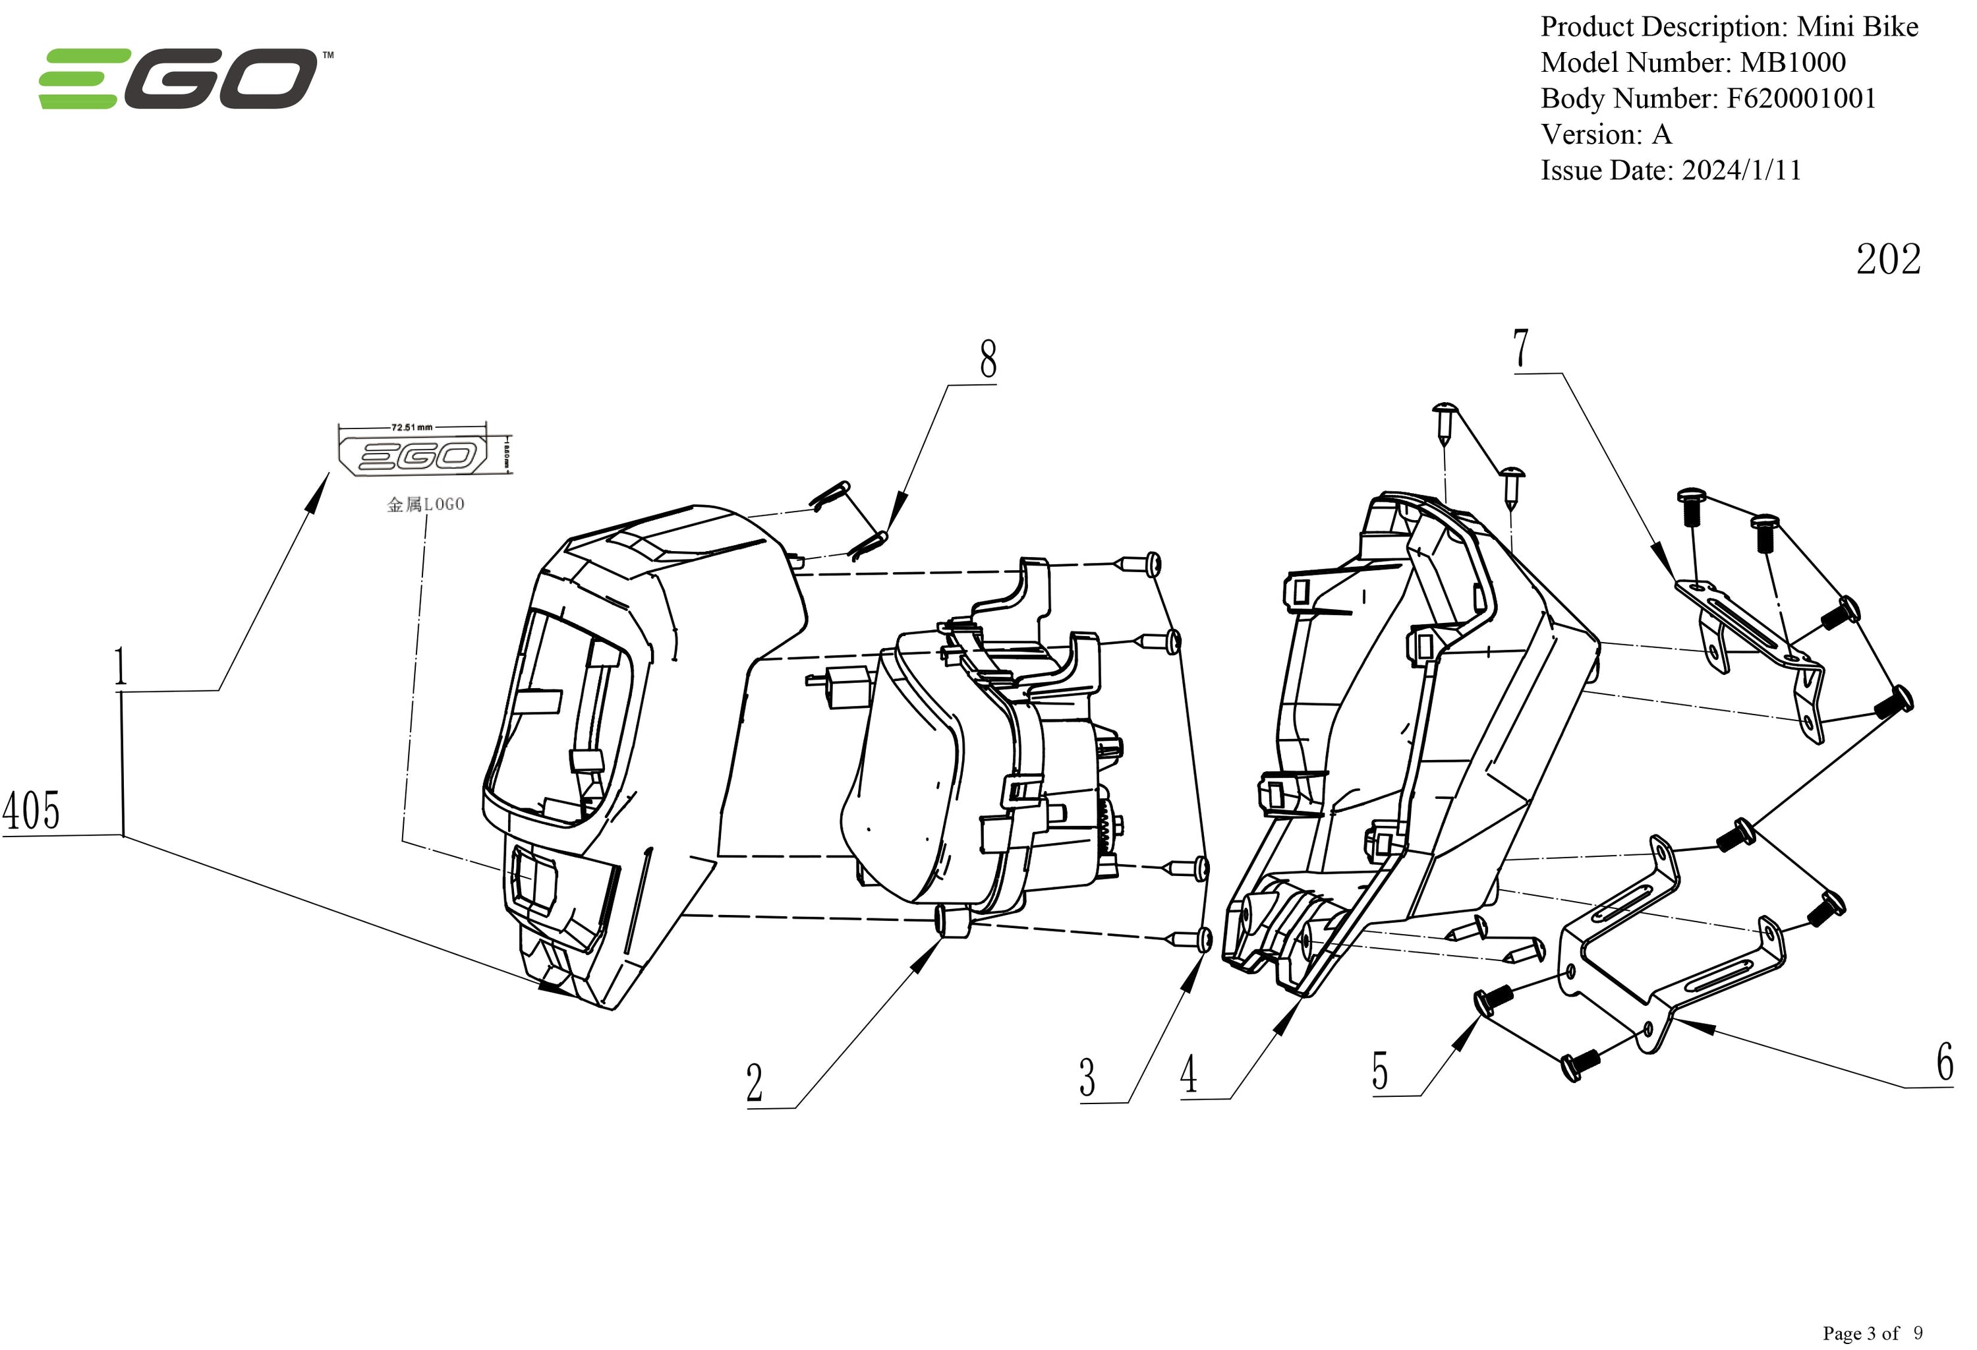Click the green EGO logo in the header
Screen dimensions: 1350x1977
179,79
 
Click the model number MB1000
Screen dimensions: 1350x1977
1792,62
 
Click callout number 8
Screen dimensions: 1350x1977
988,360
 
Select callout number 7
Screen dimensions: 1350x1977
1521,348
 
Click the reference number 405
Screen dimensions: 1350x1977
32,810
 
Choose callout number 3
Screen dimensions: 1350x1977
1087,1078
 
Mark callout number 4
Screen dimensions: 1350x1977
1188,1074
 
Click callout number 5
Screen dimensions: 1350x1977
1380,1071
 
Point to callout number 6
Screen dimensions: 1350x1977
1945,1062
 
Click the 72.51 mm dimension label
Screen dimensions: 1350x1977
412,427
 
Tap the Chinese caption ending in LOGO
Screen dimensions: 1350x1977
425,504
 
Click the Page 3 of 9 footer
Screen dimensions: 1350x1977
1872,1332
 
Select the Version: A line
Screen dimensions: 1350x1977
1606,134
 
